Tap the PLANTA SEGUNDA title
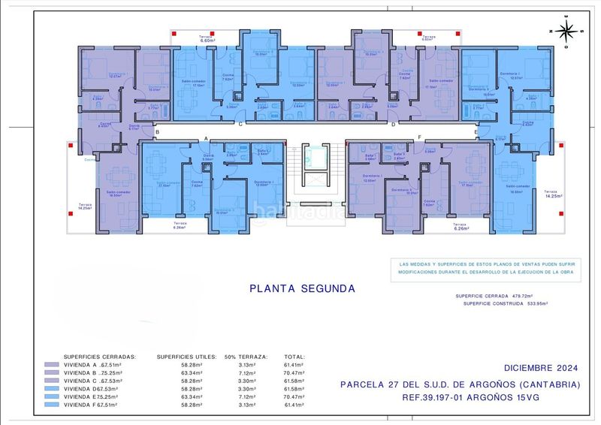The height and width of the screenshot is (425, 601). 302,288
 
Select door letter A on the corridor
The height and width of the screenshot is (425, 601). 205,138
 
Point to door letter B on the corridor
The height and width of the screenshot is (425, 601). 156,133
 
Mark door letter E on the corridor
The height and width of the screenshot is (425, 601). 476,133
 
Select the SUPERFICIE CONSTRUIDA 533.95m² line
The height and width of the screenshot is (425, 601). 502,303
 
